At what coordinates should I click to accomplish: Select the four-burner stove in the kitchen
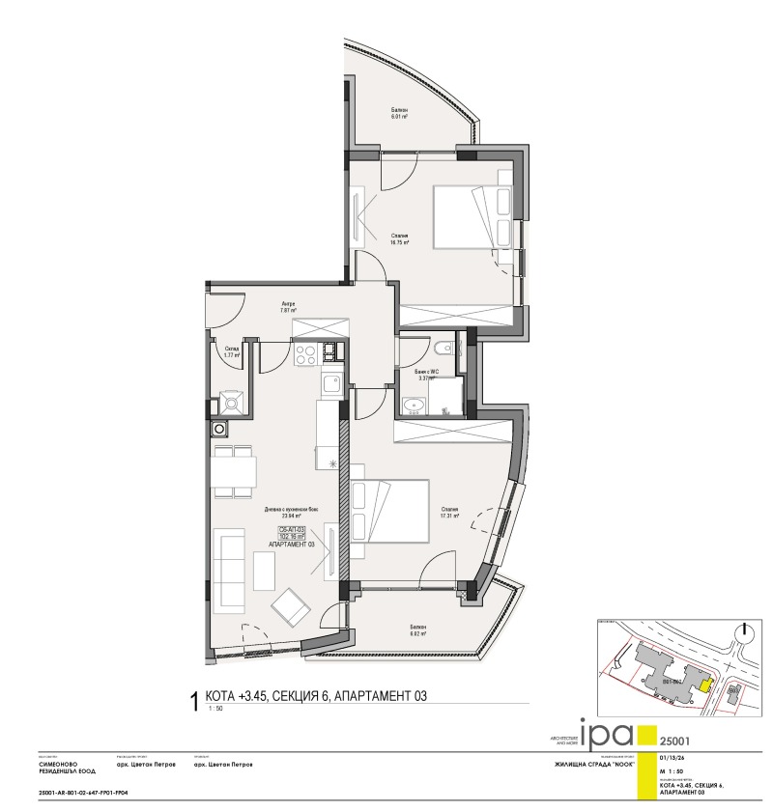pos(305,355)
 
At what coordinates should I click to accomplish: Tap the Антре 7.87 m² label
pos(288,308)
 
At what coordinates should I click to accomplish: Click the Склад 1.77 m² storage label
pos(232,352)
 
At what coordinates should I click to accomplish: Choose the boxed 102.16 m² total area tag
pos(292,538)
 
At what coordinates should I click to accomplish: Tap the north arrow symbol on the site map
pos(742,632)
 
